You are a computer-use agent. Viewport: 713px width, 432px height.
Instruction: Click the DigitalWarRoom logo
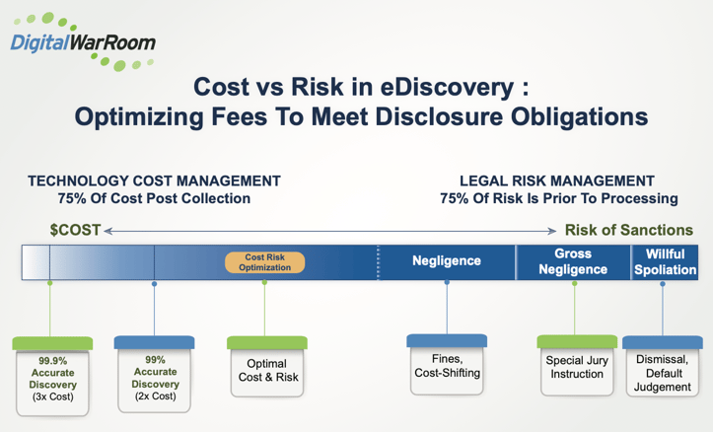pos(82,40)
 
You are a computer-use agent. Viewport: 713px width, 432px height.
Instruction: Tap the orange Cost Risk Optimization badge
pos(264,262)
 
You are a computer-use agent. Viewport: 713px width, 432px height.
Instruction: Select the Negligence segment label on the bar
pos(446,261)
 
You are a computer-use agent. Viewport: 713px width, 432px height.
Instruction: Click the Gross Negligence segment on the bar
pos(572,261)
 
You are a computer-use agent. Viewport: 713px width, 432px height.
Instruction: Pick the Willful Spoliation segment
pos(665,261)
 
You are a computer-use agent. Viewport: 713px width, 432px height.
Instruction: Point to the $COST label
pos(75,230)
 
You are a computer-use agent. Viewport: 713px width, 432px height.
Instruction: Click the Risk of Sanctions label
pos(628,230)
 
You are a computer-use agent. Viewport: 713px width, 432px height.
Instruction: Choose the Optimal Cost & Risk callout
pos(267,371)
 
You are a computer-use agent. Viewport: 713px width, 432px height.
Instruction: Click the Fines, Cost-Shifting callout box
pos(448,366)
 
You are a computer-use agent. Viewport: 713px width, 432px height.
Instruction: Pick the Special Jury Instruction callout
pos(577,368)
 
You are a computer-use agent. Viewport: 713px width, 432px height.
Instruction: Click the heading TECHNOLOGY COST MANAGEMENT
pos(154,181)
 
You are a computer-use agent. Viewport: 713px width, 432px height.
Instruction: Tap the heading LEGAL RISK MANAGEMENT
pos(557,181)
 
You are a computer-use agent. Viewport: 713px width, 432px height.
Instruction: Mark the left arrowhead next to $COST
pos(109,231)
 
